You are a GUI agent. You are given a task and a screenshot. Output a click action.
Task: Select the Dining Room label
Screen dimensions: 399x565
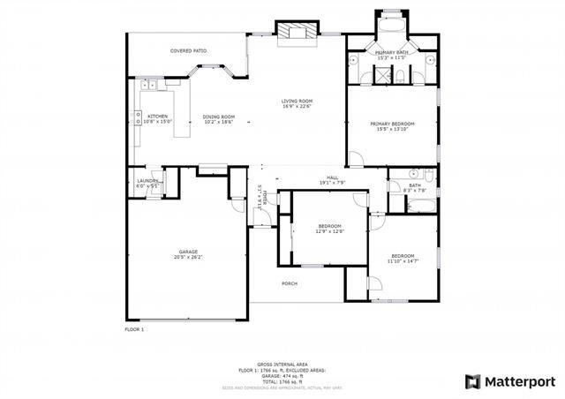[x=219, y=118]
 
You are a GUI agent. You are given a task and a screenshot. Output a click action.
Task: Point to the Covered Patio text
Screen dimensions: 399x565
[x=189, y=51]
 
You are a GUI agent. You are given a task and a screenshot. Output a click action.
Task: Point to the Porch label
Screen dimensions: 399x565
[x=289, y=283]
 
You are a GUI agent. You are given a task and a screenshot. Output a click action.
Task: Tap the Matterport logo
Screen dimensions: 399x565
[x=510, y=381]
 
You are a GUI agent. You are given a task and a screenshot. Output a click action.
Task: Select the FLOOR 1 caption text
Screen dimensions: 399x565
[x=134, y=328]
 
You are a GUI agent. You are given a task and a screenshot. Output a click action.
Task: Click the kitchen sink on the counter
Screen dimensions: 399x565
[x=151, y=85]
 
